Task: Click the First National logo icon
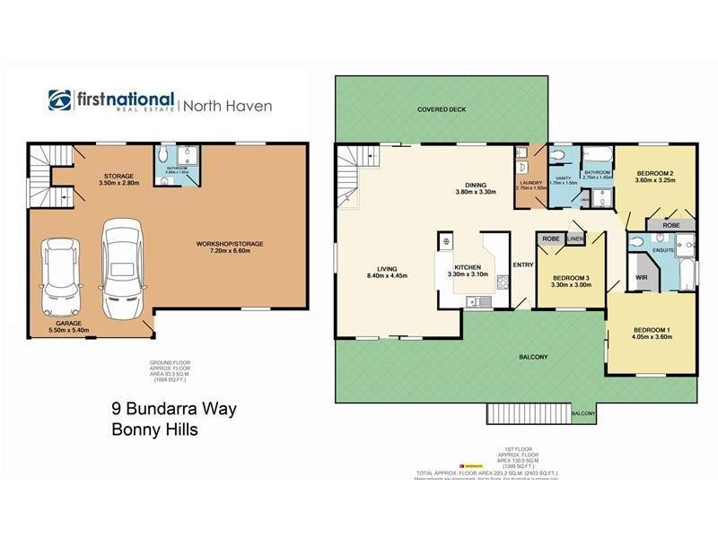(59, 101)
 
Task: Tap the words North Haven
(229, 106)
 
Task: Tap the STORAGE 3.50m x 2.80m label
(118, 179)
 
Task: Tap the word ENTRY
(522, 265)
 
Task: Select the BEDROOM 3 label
(571, 282)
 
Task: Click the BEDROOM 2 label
(655, 176)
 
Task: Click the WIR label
(641, 278)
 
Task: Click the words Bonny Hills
(153, 430)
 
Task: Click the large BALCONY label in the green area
(533, 357)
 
